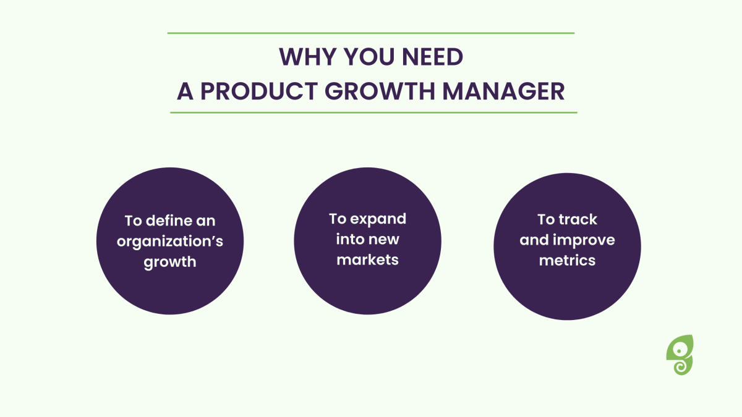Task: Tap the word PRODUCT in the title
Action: pyautogui.click(x=259, y=91)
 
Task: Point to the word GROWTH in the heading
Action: pyautogui.click(x=380, y=91)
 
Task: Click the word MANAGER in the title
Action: pyautogui.click(x=503, y=91)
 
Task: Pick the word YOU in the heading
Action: pyautogui.click(x=369, y=57)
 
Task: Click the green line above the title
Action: pyautogui.click(x=371, y=33)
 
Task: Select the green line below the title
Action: pyautogui.click(x=373, y=112)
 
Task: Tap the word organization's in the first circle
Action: pyautogui.click(x=170, y=242)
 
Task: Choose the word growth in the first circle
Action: pyautogui.click(x=170, y=263)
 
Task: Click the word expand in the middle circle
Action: pyautogui.click(x=378, y=219)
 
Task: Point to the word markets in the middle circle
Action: pyautogui.click(x=367, y=260)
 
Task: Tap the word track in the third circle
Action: pyautogui.click(x=578, y=219)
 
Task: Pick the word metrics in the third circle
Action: pyautogui.click(x=567, y=261)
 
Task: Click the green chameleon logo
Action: pyautogui.click(x=680, y=355)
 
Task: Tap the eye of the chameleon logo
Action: pyautogui.click(x=679, y=351)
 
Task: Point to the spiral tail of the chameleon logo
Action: pyautogui.click(x=681, y=367)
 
